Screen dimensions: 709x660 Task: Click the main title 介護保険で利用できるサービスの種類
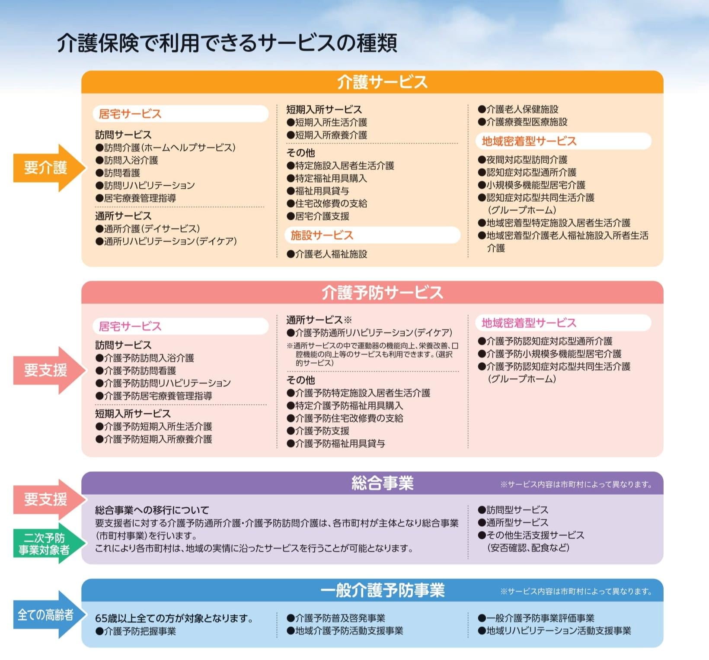pos(227,43)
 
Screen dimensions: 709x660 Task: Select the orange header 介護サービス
pos(382,82)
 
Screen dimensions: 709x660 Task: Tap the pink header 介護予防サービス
pos(382,293)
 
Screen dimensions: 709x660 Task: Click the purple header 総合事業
pos(382,483)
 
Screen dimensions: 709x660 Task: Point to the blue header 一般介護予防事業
pos(382,590)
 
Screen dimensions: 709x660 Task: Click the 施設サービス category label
pos(322,235)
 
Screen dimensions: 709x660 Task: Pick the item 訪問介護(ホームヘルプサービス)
pos(166,148)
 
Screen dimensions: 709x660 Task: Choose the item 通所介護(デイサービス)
pos(148,229)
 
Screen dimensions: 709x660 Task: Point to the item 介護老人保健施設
pos(518,109)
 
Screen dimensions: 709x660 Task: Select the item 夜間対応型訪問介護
pos(523,160)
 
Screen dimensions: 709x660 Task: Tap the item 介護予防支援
pos(318,431)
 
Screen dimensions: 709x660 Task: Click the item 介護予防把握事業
pos(136,631)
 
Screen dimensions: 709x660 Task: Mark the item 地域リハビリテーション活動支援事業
pos(554,631)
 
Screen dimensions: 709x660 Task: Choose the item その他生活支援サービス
pos(531,535)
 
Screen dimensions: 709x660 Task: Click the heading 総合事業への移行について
pos(152,510)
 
